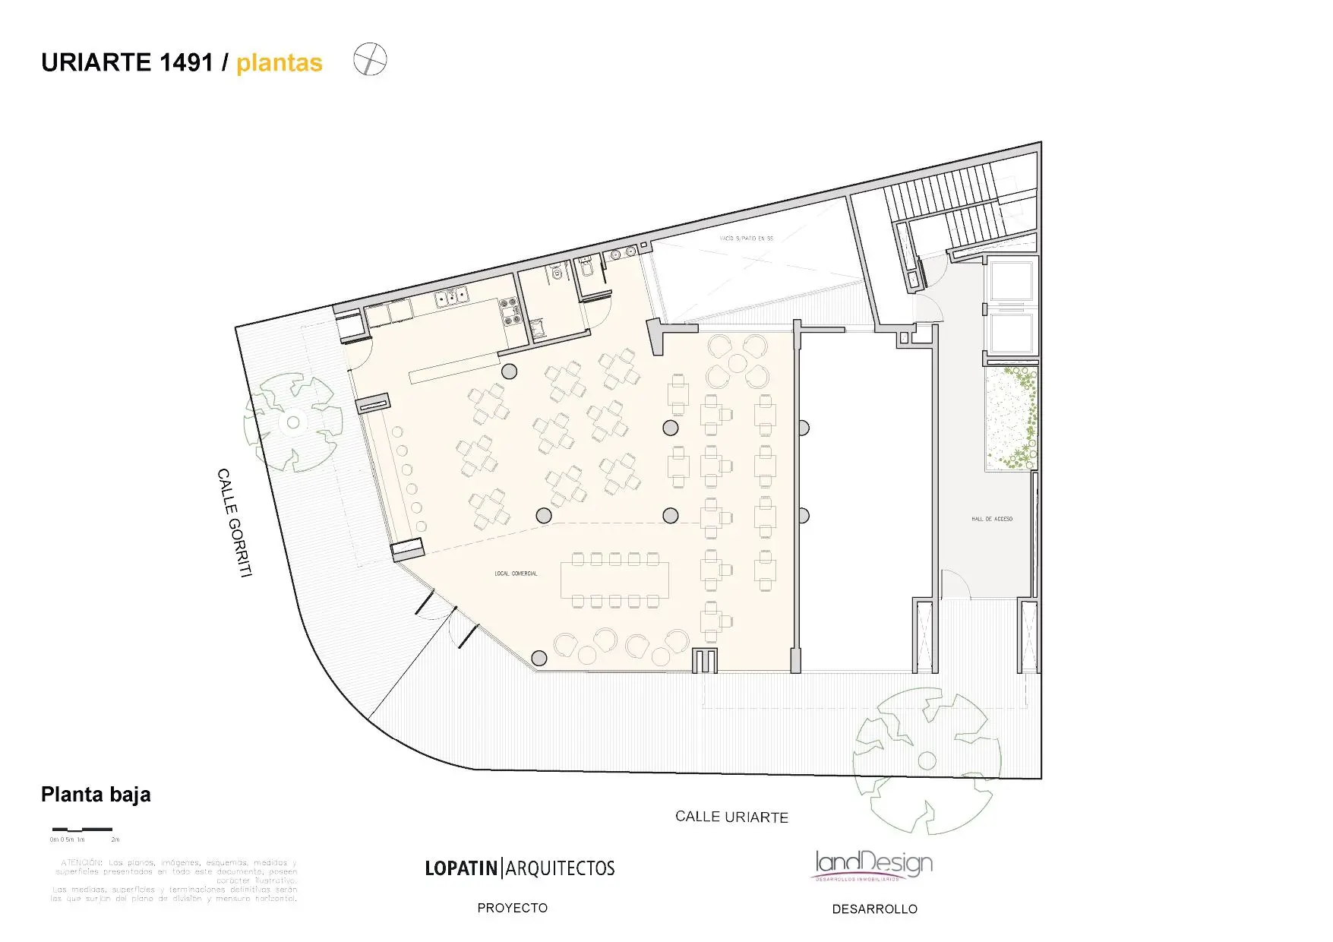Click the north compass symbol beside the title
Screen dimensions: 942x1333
point(370,60)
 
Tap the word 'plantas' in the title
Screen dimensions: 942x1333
point(279,63)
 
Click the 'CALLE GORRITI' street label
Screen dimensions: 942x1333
point(234,523)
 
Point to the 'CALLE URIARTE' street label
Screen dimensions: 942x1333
point(731,817)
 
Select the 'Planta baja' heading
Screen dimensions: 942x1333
point(96,795)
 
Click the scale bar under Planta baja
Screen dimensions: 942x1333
point(82,829)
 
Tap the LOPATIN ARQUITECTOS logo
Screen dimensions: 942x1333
point(520,868)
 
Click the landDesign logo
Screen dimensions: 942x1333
point(873,865)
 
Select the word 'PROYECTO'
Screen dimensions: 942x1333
point(512,908)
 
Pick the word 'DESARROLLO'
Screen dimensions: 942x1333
point(874,909)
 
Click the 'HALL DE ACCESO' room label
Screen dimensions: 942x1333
point(991,519)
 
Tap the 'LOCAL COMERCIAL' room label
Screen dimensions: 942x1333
point(516,574)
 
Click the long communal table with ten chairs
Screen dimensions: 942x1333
point(615,580)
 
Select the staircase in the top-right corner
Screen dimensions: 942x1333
point(949,205)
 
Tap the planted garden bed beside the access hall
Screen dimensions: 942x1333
point(1011,419)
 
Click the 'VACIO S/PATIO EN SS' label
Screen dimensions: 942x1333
point(746,239)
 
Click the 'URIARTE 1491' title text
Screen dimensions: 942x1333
point(127,63)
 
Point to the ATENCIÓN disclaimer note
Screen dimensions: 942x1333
point(175,880)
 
